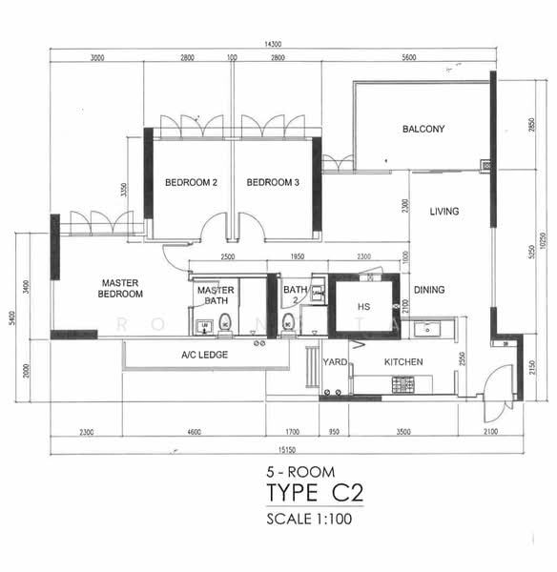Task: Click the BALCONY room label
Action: click(x=423, y=129)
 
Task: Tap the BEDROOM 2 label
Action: click(x=192, y=182)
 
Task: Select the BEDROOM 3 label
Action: click(x=273, y=182)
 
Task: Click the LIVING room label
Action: click(x=444, y=212)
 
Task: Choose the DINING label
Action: click(x=431, y=291)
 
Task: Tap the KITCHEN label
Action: click(x=403, y=363)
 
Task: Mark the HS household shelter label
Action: click(x=363, y=307)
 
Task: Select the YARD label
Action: click(x=335, y=363)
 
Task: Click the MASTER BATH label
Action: click(x=216, y=296)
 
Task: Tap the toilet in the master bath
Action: click(x=225, y=322)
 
